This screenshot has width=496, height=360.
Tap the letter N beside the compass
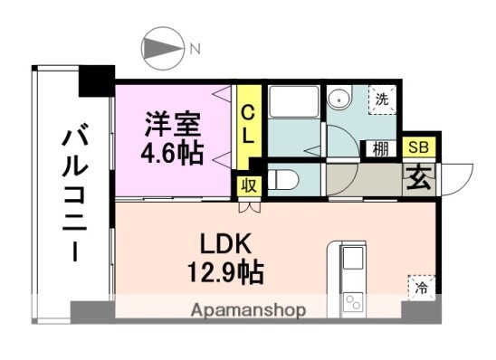tap(194, 49)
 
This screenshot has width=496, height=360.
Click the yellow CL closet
tap(246, 126)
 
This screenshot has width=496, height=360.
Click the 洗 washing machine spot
tap(382, 100)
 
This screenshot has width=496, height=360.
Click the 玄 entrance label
tap(417, 175)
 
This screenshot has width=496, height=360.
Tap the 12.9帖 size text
tap(225, 269)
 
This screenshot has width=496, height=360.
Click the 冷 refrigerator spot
tap(421, 288)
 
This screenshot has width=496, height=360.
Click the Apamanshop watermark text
tap(248, 310)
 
